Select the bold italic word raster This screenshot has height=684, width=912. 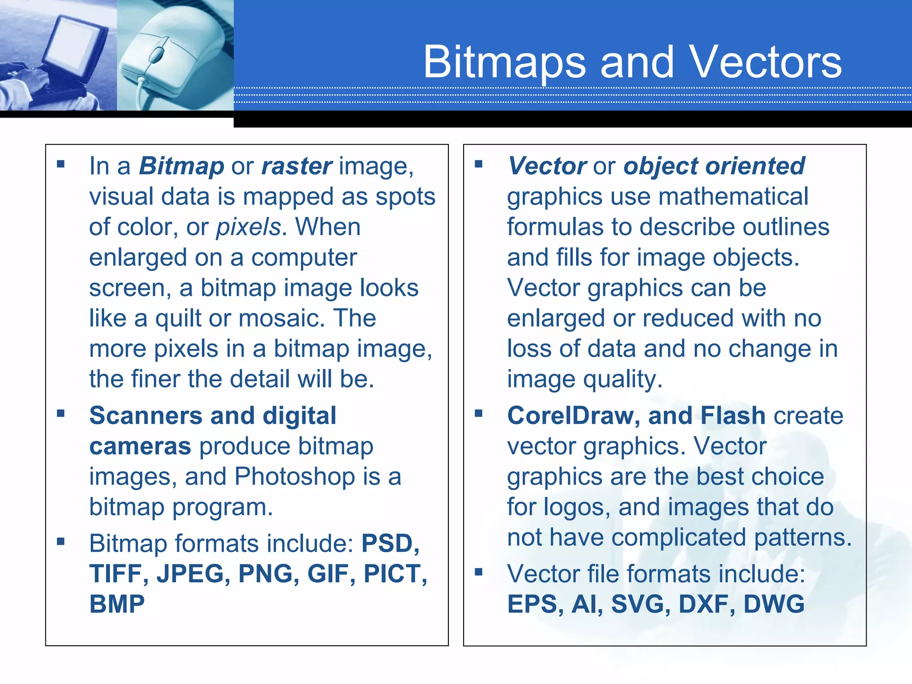tap(297, 166)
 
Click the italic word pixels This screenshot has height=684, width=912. tap(248, 227)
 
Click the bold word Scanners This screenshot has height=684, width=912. tap(146, 416)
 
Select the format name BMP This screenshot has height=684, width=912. tap(117, 604)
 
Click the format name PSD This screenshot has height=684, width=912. tap(388, 543)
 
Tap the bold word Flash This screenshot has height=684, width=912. tap(733, 416)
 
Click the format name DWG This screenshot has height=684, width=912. tap(774, 604)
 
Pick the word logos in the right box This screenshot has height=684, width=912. tap(576, 508)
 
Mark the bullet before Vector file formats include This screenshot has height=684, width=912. tap(479, 572)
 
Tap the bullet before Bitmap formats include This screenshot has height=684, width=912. tap(61, 541)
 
